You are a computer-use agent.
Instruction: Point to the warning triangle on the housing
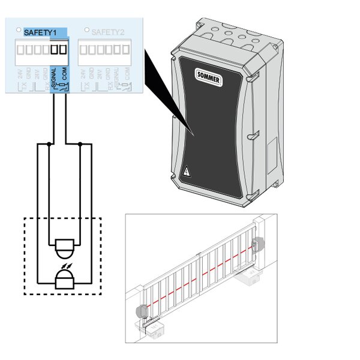pos(187,172)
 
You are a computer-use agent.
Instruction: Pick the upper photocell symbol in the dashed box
pos(63,245)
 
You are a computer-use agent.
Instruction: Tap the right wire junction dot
pos(80,144)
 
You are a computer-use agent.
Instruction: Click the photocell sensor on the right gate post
pos(259,244)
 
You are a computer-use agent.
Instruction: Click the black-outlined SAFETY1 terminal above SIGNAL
pos(54,49)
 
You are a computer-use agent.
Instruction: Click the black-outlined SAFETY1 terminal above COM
pos(62,49)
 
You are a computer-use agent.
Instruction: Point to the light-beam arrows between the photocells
pos(63,262)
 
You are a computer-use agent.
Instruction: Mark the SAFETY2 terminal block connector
pos(104,49)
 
